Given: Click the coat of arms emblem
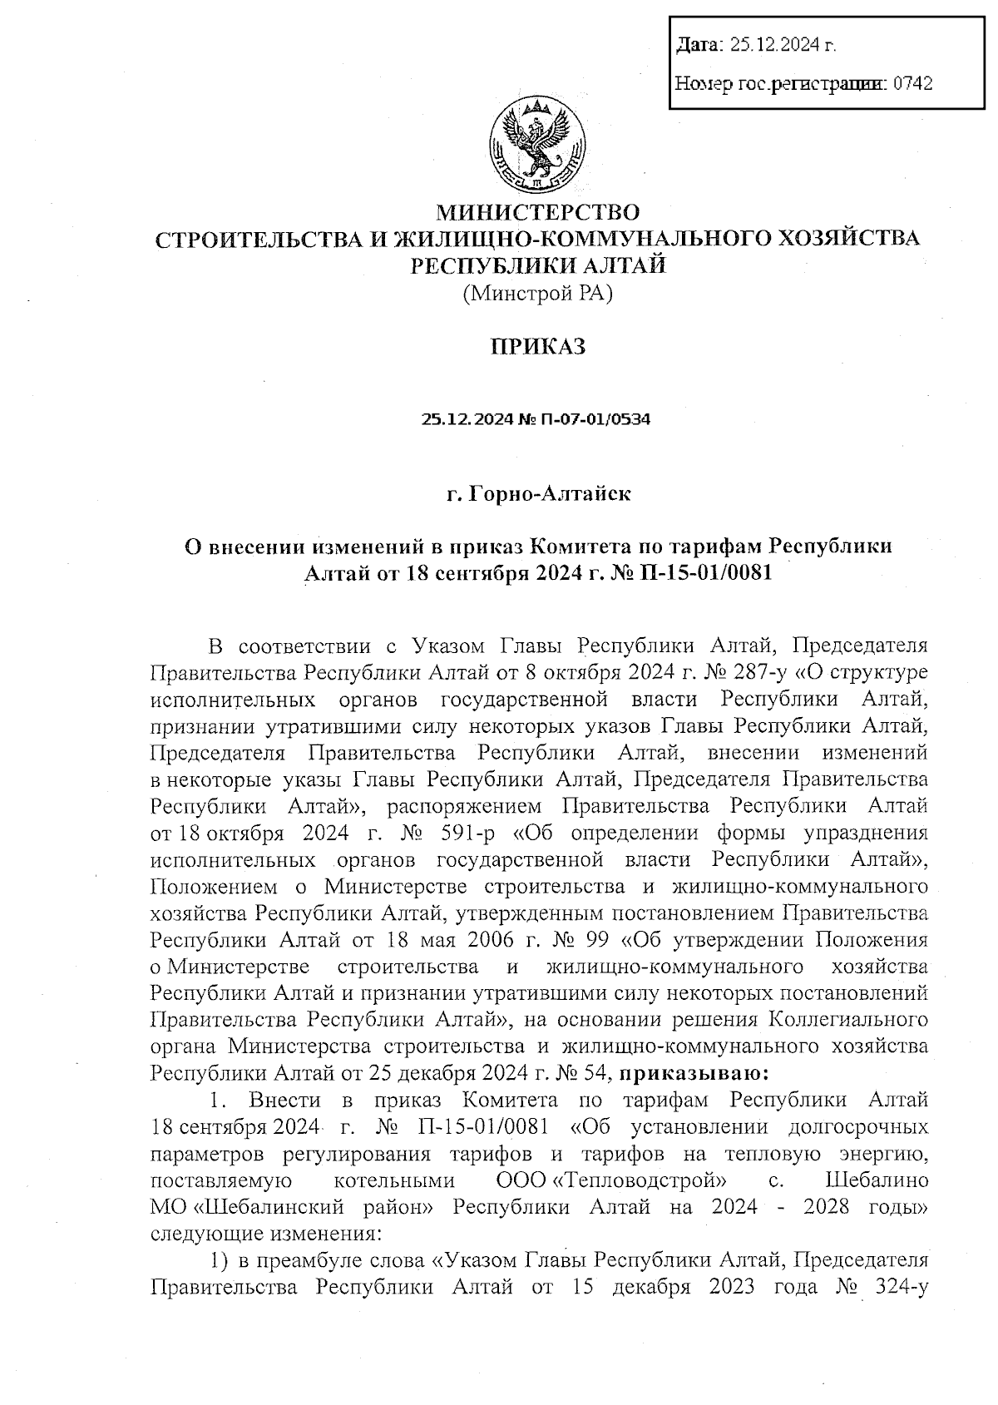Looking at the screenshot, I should (x=537, y=145).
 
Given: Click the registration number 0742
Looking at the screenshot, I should (x=912, y=83).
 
